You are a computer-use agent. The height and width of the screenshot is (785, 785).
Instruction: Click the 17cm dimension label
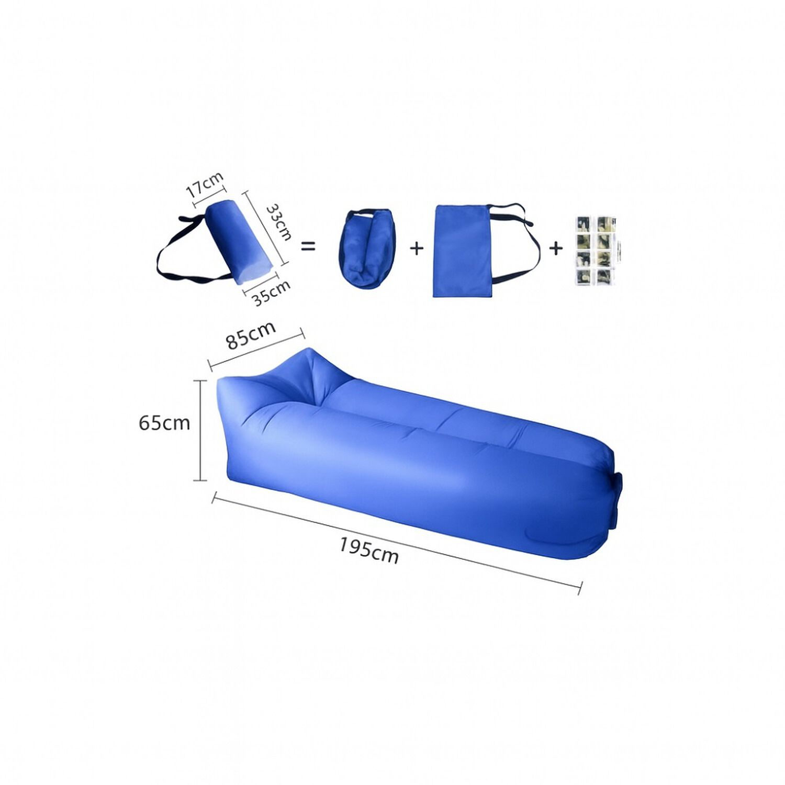pos(205,184)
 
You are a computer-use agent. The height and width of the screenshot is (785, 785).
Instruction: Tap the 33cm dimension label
pos(279,222)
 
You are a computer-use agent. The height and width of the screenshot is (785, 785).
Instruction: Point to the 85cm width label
pos(251,335)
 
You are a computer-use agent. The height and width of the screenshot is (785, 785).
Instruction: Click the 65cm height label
pos(164,423)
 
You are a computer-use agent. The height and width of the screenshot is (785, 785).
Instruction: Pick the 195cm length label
pos(369,551)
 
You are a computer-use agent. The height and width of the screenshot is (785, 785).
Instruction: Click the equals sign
pos(309,246)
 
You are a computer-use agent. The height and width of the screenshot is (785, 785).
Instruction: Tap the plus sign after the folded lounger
pos(417,248)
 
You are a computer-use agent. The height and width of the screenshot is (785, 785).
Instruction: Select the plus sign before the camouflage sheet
pos(556,248)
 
